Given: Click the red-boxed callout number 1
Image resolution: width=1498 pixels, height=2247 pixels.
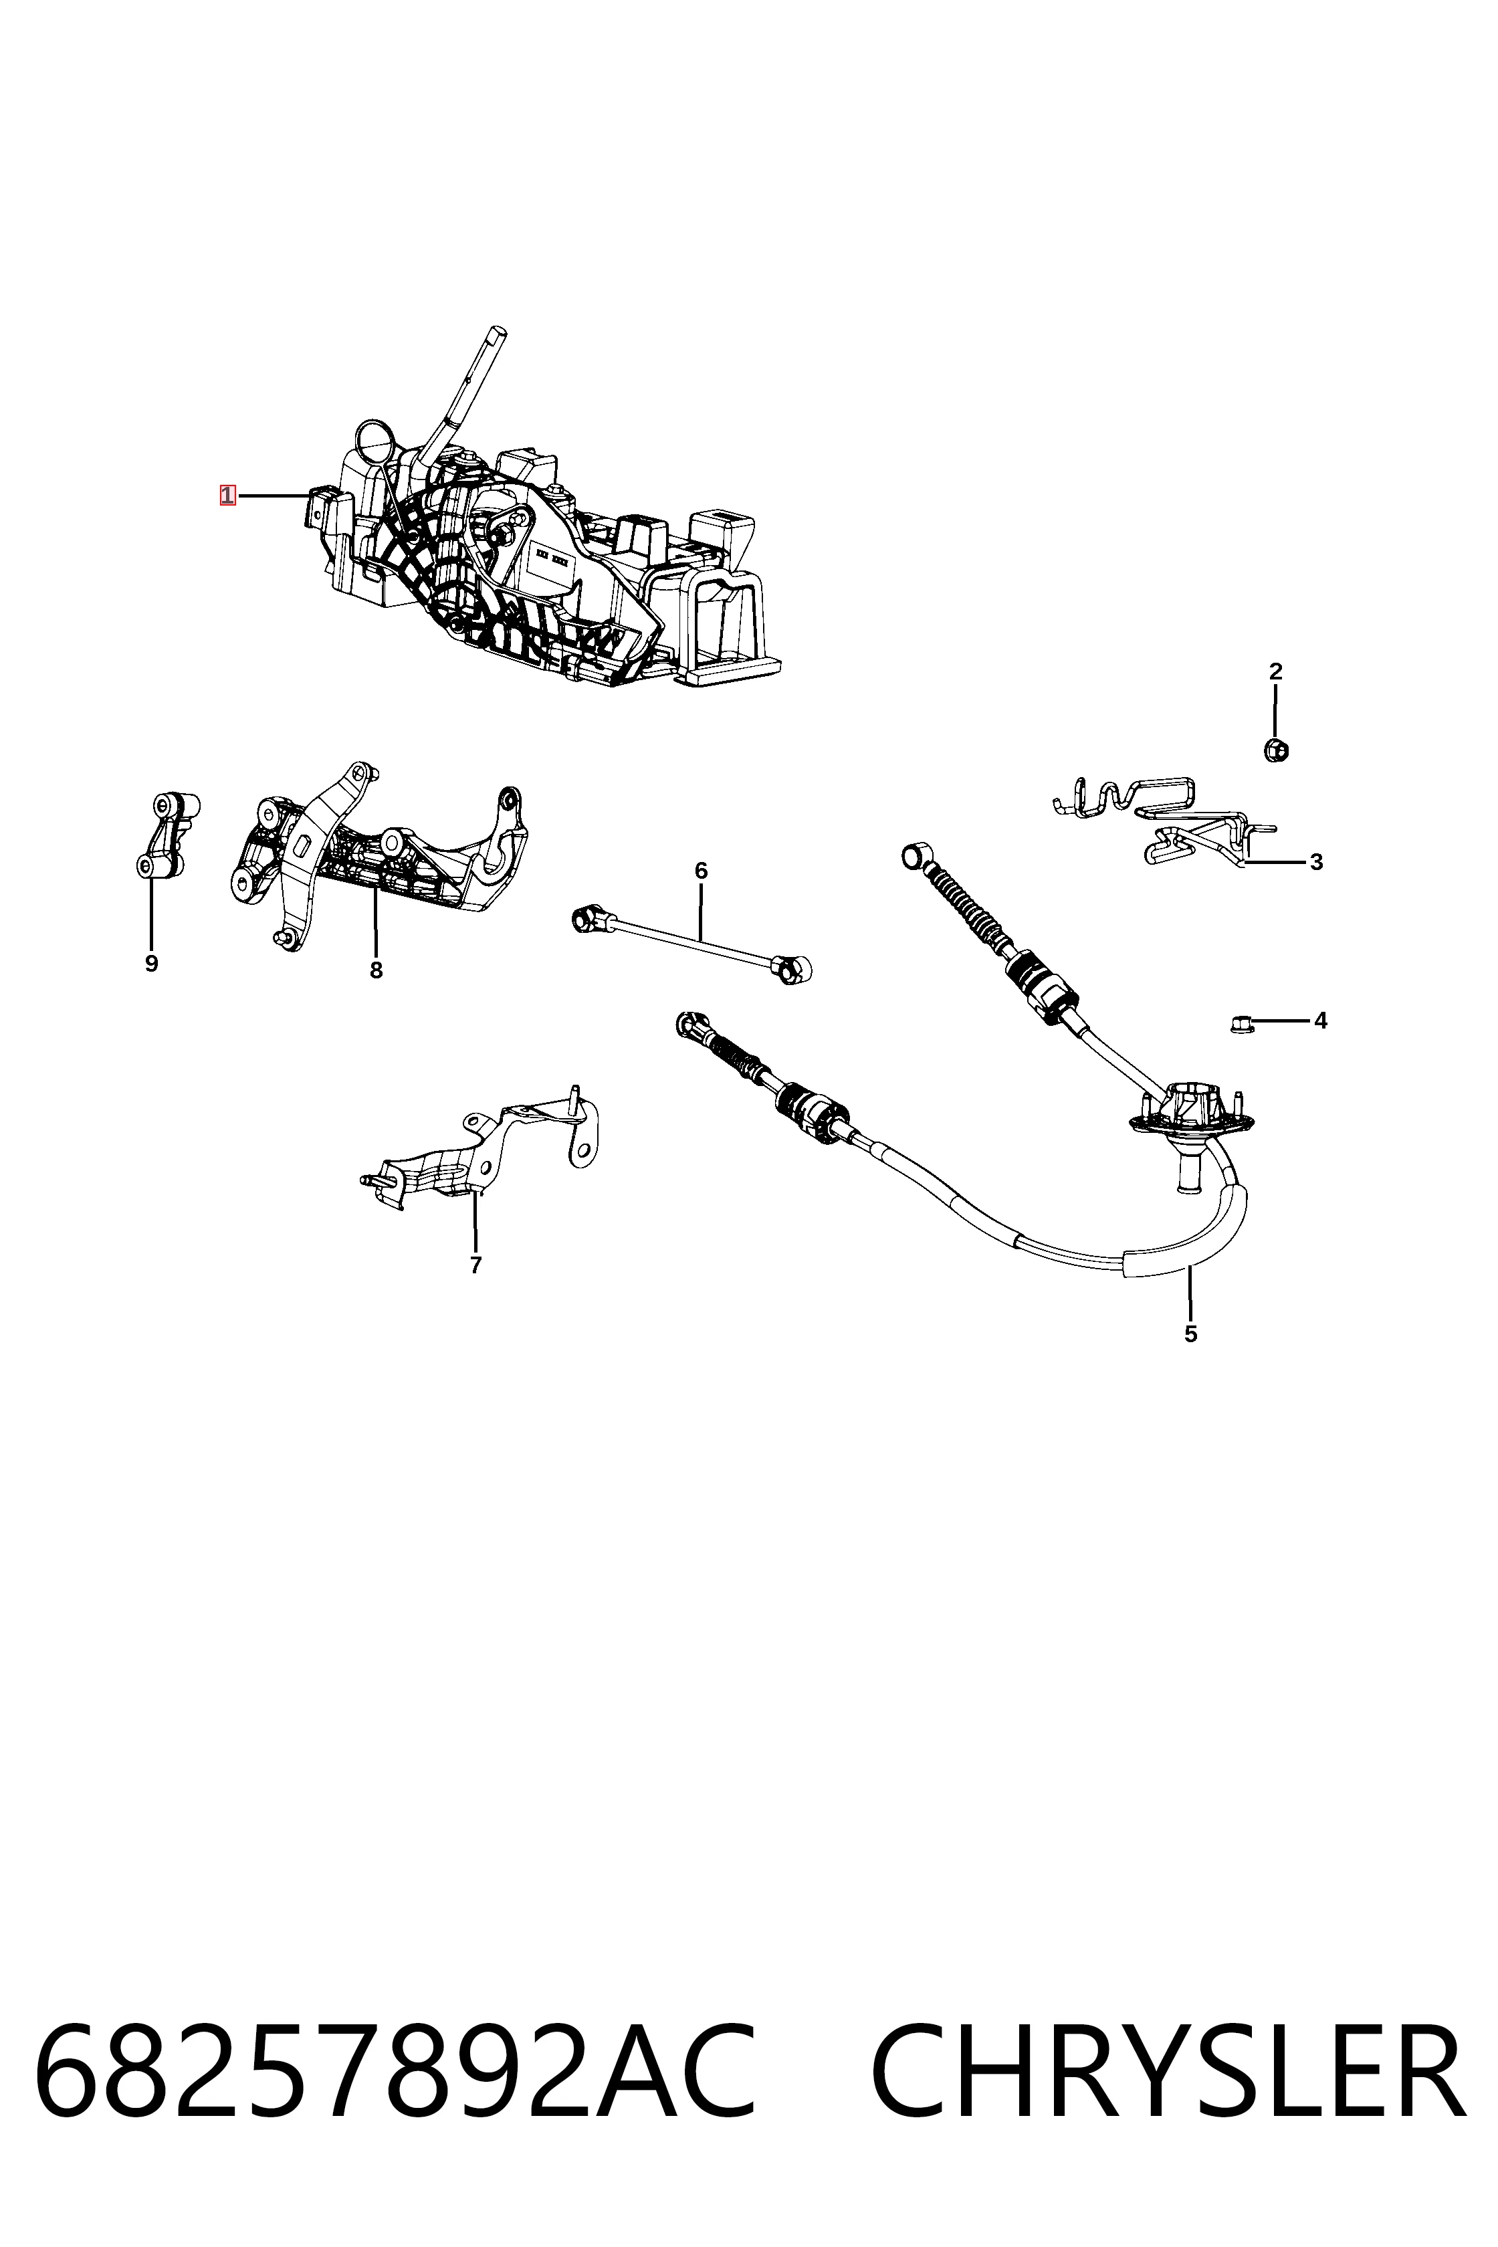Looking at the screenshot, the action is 227,495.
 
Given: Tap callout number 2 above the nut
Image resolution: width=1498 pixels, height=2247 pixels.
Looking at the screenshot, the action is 1275,671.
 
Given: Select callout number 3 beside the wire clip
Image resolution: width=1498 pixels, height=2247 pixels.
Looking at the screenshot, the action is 1317,862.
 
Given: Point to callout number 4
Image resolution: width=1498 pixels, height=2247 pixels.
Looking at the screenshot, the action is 1320,1021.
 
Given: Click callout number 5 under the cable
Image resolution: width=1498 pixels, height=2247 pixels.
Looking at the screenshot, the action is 1190,1333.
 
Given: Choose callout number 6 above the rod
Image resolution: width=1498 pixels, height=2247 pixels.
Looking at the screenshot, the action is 702,870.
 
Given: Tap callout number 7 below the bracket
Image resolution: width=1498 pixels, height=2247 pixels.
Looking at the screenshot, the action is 475,1265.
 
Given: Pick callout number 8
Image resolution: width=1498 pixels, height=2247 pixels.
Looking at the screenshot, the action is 377,970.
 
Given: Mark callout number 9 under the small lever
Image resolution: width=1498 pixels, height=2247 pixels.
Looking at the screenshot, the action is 151,964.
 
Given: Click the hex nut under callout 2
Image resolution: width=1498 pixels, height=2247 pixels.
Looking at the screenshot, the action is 1275,750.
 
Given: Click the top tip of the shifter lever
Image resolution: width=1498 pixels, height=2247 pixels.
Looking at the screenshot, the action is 496,332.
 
